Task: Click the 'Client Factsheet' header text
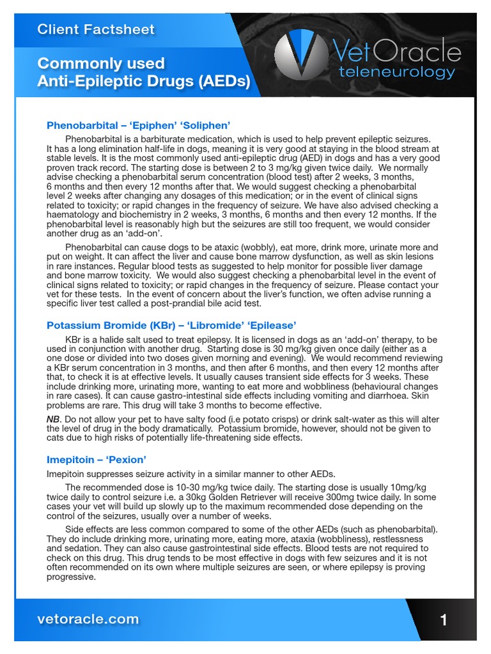click(x=96, y=29)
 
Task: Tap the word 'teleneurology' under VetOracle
click(x=397, y=72)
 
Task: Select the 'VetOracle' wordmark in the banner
click(x=396, y=52)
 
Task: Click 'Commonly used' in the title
click(x=101, y=63)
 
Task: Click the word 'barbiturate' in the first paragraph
click(x=165, y=139)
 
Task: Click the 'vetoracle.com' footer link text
click(x=88, y=619)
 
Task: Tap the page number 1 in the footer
click(x=444, y=620)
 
